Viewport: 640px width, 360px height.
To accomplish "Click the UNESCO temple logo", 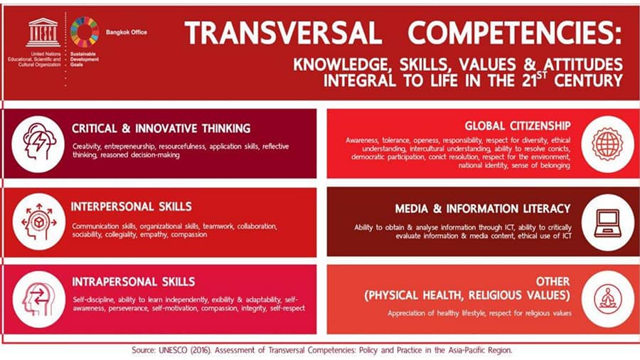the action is [43, 33].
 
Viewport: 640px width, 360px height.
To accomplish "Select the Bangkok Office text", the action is [127, 32].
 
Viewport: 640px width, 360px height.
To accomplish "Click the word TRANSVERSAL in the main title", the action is [283, 33].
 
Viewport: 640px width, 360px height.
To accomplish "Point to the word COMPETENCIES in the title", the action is [515, 33].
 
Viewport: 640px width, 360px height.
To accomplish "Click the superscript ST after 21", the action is [542, 74].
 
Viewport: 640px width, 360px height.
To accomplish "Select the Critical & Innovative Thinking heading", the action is [161, 129].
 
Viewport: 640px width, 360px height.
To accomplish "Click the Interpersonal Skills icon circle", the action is [39, 222].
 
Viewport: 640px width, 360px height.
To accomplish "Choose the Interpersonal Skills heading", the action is [132, 206].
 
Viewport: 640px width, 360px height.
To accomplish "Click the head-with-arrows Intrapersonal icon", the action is [39, 300].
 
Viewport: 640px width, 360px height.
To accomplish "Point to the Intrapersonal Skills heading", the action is [134, 282].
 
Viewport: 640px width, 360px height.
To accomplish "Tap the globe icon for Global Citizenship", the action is [608, 144].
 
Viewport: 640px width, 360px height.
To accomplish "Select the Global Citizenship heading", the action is [518, 126].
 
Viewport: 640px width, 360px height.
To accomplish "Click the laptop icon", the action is [608, 223].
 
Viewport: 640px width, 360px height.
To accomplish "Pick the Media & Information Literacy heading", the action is [482, 209].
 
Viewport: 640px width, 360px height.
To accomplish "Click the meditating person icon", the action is [608, 300].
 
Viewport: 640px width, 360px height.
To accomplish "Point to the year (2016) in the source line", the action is [200, 350].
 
